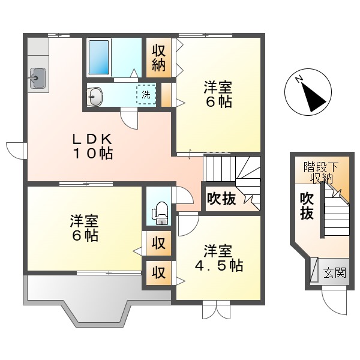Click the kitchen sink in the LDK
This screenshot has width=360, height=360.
click(38, 77)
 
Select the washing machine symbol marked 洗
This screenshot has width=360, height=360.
click(146, 94)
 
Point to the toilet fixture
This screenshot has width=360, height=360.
click(159, 211)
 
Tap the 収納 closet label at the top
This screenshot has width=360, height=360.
click(158, 58)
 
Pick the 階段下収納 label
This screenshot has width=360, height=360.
click(320, 172)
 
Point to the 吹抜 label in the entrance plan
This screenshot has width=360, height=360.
click(307, 205)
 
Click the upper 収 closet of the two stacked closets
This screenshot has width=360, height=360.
click(158, 244)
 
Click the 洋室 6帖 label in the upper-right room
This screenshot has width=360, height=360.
click(218, 94)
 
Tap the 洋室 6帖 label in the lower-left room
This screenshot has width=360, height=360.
click(84, 228)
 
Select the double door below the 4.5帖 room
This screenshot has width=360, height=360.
click(216, 309)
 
